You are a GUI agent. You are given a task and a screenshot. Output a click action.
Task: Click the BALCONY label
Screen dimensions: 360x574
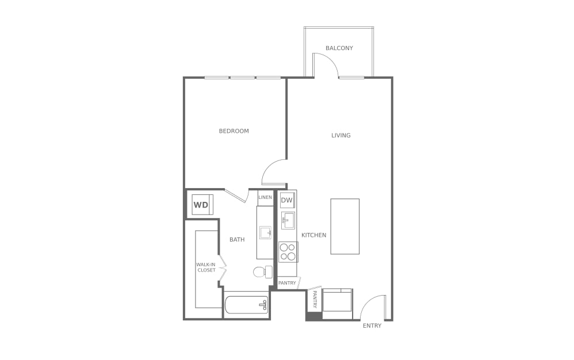point(339,48)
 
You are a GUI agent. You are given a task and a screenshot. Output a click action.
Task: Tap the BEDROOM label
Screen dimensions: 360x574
point(234,131)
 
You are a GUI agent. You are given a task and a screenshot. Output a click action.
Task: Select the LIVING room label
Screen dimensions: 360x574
point(340,136)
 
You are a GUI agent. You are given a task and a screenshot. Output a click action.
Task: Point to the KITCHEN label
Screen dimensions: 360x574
point(313,235)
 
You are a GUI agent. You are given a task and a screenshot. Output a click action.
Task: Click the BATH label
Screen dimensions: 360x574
point(237,240)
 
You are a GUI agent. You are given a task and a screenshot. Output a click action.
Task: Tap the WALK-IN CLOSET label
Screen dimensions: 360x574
point(206,267)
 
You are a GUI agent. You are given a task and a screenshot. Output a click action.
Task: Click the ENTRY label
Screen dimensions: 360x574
point(372,326)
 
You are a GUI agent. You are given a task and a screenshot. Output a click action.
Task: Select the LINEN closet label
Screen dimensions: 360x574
point(265,197)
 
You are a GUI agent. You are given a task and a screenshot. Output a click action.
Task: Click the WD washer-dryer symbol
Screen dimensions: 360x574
point(201,205)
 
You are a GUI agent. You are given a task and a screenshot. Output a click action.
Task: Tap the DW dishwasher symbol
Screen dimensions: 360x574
point(287,200)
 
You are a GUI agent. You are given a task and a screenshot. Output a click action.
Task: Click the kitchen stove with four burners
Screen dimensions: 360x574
point(288,252)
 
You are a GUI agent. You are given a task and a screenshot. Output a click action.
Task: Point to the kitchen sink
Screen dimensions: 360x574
point(288,220)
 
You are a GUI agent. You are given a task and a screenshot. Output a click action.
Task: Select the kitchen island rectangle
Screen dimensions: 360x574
point(345,226)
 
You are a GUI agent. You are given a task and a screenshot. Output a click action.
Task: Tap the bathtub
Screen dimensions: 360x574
point(246,305)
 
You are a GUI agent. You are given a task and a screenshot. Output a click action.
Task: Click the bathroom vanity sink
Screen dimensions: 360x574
point(265,233)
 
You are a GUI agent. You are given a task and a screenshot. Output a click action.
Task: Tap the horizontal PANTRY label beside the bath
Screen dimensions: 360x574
point(287,283)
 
